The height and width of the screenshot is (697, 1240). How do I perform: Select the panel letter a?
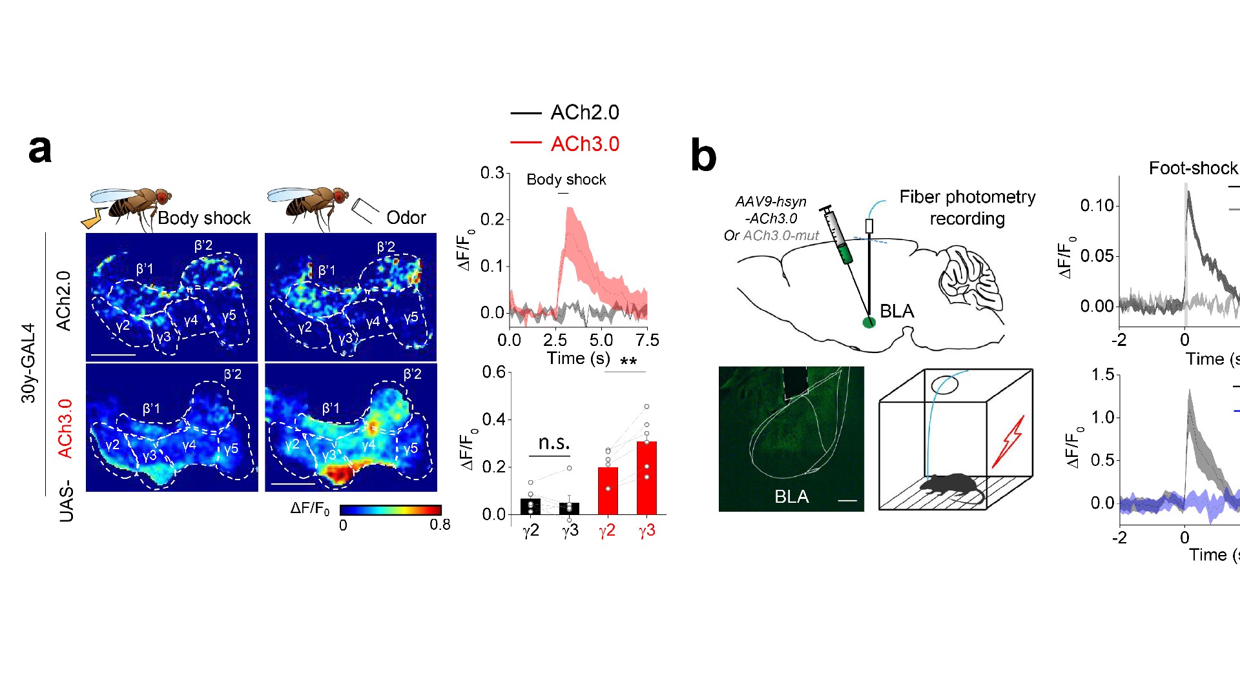[x=40, y=149]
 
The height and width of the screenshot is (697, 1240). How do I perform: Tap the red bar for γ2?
[x=608, y=491]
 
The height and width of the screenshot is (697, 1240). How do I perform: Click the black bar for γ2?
[x=530, y=507]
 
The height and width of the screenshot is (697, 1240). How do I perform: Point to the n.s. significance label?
[x=553, y=443]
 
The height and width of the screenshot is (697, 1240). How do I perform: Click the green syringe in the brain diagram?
[x=838, y=236]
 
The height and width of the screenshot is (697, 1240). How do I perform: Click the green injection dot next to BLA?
[x=869, y=322]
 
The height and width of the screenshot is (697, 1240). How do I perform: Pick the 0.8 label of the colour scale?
[x=440, y=525]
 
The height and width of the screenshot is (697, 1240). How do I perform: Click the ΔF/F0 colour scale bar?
[x=390, y=510]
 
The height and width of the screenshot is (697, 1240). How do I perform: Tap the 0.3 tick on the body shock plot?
[x=491, y=173]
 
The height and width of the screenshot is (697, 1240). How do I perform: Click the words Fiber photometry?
[x=967, y=197]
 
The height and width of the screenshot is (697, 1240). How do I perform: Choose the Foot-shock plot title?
[x=1193, y=168]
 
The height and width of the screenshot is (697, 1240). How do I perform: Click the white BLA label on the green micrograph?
[x=791, y=496]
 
